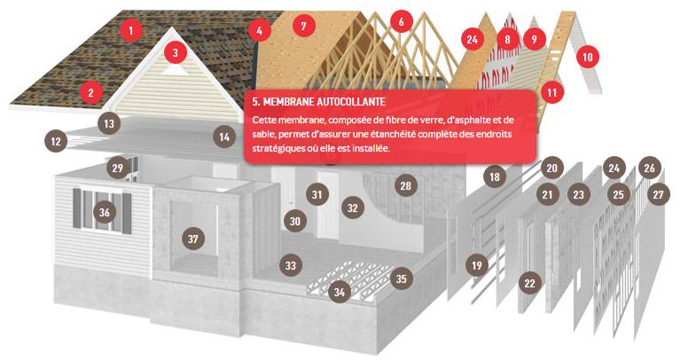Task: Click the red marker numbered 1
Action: tap(130, 30)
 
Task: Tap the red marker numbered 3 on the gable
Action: tap(176, 53)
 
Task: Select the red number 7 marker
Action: tap(303, 26)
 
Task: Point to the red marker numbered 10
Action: tap(588, 57)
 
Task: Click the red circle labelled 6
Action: tap(401, 21)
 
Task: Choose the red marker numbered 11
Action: tap(551, 92)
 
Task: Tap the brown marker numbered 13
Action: tap(109, 123)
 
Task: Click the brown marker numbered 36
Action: tap(104, 213)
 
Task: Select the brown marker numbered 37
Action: tap(193, 239)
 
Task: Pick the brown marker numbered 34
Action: tap(340, 292)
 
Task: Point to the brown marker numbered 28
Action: tap(405, 185)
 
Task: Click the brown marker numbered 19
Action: tap(477, 265)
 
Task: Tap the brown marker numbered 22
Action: tap(529, 283)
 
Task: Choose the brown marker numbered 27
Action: tap(659, 194)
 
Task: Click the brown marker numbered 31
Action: tap(317, 194)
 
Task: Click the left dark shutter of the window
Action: tap(77, 208)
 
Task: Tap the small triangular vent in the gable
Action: tap(175, 69)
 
